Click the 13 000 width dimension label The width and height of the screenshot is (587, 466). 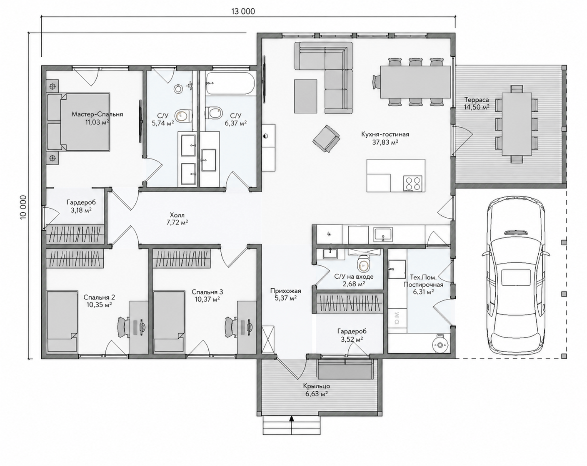coord(243,11)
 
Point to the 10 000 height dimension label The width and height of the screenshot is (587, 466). coord(23,207)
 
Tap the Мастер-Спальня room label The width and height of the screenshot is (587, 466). coord(97,114)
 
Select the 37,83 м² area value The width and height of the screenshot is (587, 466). coord(385,142)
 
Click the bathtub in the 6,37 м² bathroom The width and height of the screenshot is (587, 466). coord(231,84)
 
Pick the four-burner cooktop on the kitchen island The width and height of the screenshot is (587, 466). coord(412,183)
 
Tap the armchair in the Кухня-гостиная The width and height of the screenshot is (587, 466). coord(326,139)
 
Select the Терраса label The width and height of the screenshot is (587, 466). coord(477,100)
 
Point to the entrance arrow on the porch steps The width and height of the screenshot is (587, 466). coord(292,426)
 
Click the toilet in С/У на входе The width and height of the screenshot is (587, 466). coord(363,263)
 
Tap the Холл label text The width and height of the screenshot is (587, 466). coord(177,215)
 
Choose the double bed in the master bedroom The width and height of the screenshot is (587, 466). coord(79,122)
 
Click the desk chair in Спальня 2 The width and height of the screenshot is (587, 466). coord(124,327)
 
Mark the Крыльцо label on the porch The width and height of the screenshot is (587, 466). coord(316,386)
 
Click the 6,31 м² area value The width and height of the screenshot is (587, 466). coord(423,292)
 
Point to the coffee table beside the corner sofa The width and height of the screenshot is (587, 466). coord(305,96)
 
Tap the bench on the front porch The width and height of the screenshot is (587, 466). coord(345,369)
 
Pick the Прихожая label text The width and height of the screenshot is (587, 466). coord(286,291)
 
